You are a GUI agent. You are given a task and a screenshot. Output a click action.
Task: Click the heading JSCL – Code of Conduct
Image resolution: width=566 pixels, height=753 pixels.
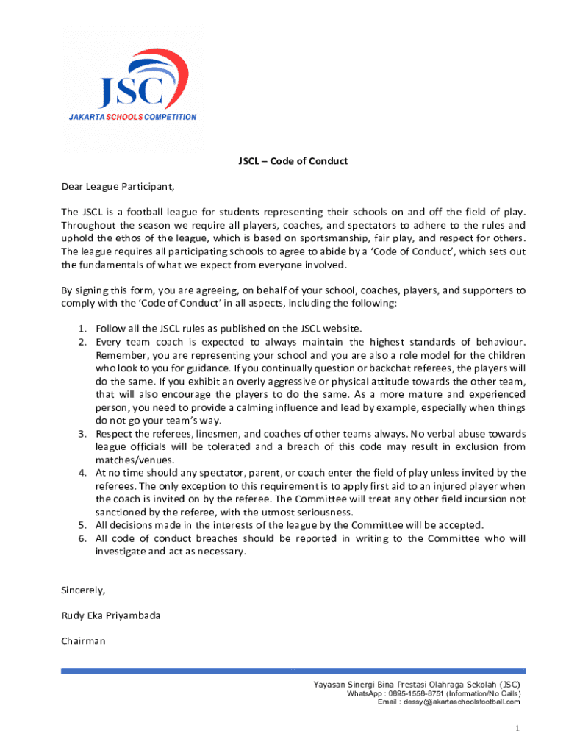click(x=292, y=161)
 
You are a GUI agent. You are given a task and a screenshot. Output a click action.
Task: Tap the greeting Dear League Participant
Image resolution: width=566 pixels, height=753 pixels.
click(x=118, y=185)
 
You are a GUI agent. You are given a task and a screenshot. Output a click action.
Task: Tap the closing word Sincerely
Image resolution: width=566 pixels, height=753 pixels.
click(x=83, y=590)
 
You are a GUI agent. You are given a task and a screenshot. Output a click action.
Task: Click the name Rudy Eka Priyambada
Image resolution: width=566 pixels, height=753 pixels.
click(x=110, y=615)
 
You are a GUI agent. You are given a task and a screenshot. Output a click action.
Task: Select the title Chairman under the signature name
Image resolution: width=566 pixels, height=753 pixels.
click(x=83, y=640)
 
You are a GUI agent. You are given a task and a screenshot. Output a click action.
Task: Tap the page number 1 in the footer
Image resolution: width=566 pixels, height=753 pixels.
click(x=517, y=728)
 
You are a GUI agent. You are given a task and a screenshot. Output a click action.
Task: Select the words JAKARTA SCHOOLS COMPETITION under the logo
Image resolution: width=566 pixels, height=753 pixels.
click(x=132, y=117)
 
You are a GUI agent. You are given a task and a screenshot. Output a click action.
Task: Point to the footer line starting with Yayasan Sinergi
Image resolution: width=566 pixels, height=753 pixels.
click(x=417, y=685)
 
